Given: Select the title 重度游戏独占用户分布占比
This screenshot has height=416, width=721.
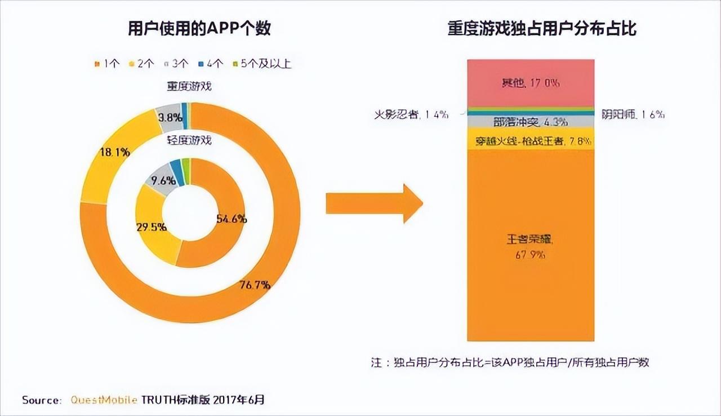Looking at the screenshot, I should pyautogui.click(x=542, y=28).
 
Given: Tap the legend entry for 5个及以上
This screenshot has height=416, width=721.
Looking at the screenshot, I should pyautogui.click(x=262, y=64).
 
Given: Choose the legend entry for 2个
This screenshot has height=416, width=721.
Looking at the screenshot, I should pyautogui.click(x=142, y=64).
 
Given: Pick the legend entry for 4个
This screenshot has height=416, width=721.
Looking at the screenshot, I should pyautogui.click(x=212, y=64).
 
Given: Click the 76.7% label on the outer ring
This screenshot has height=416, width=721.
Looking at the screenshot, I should pyautogui.click(x=255, y=285).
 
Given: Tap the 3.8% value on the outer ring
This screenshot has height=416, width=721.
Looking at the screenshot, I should pyautogui.click(x=170, y=118).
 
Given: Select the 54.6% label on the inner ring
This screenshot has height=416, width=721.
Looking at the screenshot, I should pyautogui.click(x=231, y=219).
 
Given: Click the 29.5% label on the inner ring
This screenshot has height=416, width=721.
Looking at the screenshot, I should pyautogui.click(x=151, y=227).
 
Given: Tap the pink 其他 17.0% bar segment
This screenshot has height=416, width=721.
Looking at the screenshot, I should pyautogui.click(x=531, y=83).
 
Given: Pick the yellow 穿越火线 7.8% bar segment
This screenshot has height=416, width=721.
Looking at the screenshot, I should pyautogui.click(x=531, y=141).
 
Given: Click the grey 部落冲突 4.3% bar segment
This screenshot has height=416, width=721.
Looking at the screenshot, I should pyautogui.click(x=531, y=122).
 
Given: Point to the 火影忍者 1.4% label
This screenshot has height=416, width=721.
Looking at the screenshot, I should pyautogui.click(x=411, y=114).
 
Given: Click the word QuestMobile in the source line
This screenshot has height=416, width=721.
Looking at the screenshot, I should pyautogui.click(x=104, y=400).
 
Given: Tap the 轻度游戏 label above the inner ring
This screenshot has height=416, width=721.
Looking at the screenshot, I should pyautogui.click(x=189, y=140).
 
